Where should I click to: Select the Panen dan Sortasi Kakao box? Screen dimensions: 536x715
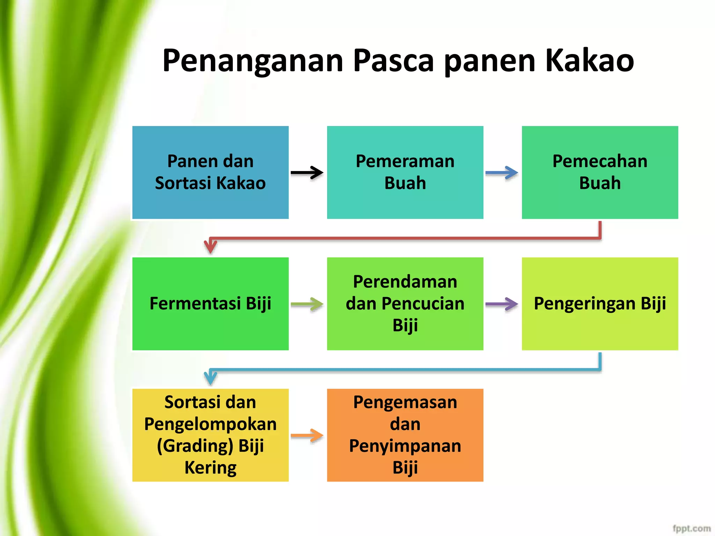210,172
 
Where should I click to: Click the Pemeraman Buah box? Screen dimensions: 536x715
405,172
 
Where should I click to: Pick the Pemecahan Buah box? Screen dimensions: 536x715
600,172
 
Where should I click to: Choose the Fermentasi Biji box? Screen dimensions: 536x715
210,304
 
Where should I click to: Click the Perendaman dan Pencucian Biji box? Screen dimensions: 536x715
405,304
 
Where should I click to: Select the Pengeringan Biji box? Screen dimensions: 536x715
600,304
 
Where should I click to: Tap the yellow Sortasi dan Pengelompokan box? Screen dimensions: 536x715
210,435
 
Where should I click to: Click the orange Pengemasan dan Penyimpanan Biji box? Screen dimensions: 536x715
405,435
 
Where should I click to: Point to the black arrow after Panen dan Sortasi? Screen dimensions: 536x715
307,172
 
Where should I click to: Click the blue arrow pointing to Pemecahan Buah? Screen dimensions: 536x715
502,172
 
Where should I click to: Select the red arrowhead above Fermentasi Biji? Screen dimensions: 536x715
211,246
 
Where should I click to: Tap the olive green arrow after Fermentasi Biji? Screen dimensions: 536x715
307,304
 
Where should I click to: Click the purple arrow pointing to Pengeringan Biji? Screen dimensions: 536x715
502,304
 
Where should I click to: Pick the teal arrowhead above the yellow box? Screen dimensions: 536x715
211,377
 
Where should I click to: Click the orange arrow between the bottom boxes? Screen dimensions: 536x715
307,435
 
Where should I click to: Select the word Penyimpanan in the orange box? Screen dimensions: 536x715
405,446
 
